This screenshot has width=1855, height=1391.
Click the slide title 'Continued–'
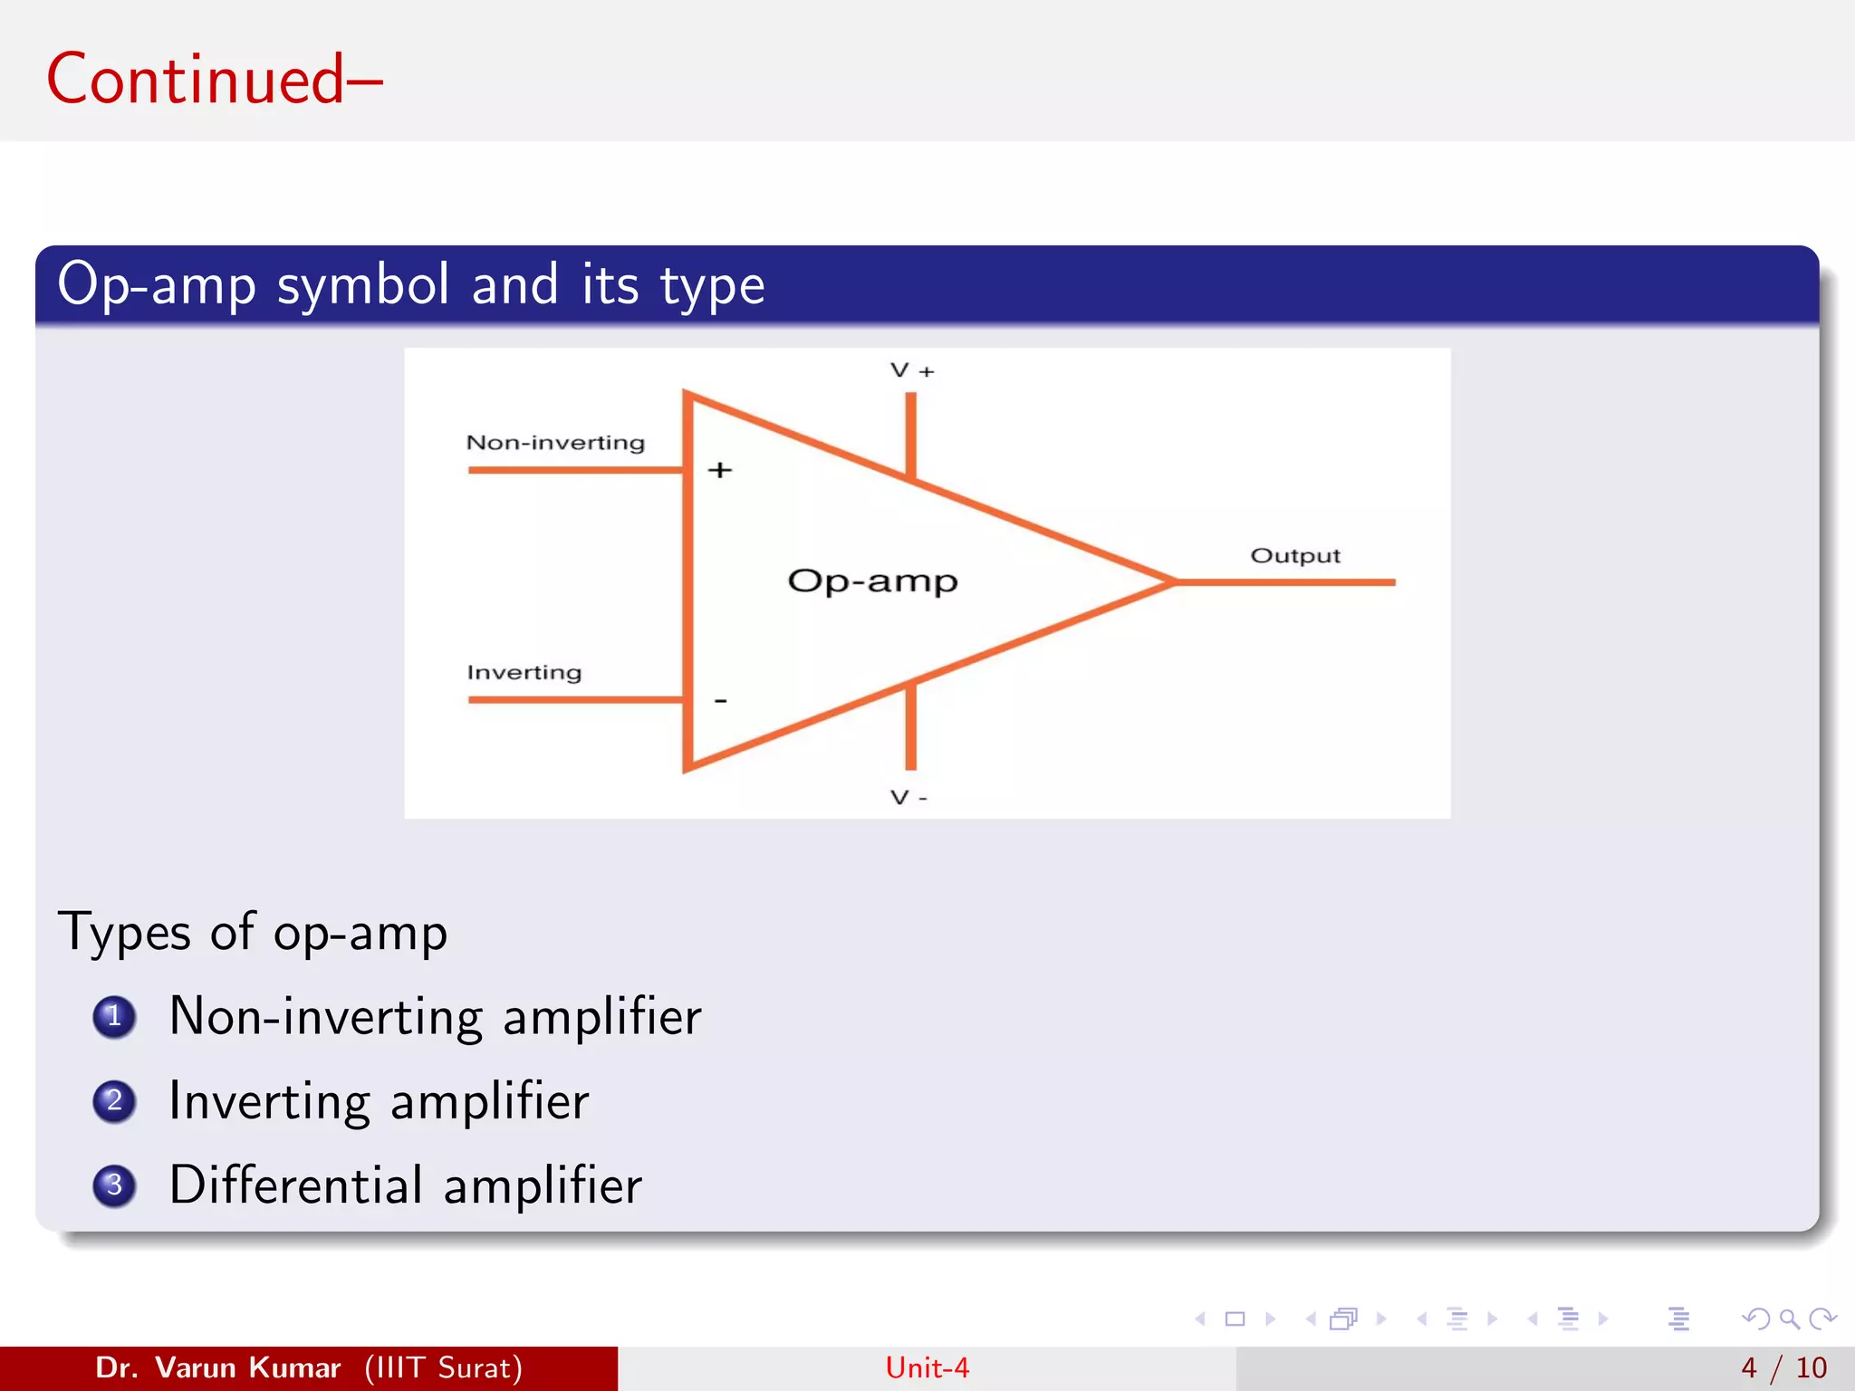click(214, 80)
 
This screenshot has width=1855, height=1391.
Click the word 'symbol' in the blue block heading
click(362, 285)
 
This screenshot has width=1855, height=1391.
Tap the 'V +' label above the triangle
click(911, 370)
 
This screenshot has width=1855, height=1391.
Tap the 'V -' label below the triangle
click(908, 798)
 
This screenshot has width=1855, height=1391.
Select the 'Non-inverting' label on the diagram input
click(555, 443)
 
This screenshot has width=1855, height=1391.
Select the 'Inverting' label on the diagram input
click(524, 673)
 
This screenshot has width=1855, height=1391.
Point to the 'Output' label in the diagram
click(1294, 556)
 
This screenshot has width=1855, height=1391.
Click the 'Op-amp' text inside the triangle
click(872, 581)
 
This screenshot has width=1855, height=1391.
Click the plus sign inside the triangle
click(720, 470)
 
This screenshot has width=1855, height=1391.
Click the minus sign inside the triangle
click(721, 701)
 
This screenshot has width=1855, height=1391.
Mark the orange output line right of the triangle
click(1286, 582)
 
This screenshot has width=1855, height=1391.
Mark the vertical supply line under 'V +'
click(911, 433)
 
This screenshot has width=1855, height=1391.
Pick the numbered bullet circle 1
click(114, 1016)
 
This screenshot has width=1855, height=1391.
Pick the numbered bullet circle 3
click(114, 1185)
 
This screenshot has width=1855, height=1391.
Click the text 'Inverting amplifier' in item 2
click(379, 1101)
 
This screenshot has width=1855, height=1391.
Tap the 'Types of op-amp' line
click(253, 933)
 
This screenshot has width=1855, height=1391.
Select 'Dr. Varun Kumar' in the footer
click(217, 1367)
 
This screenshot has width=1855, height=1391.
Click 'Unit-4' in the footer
click(927, 1367)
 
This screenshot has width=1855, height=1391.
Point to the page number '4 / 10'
click(1783, 1367)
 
